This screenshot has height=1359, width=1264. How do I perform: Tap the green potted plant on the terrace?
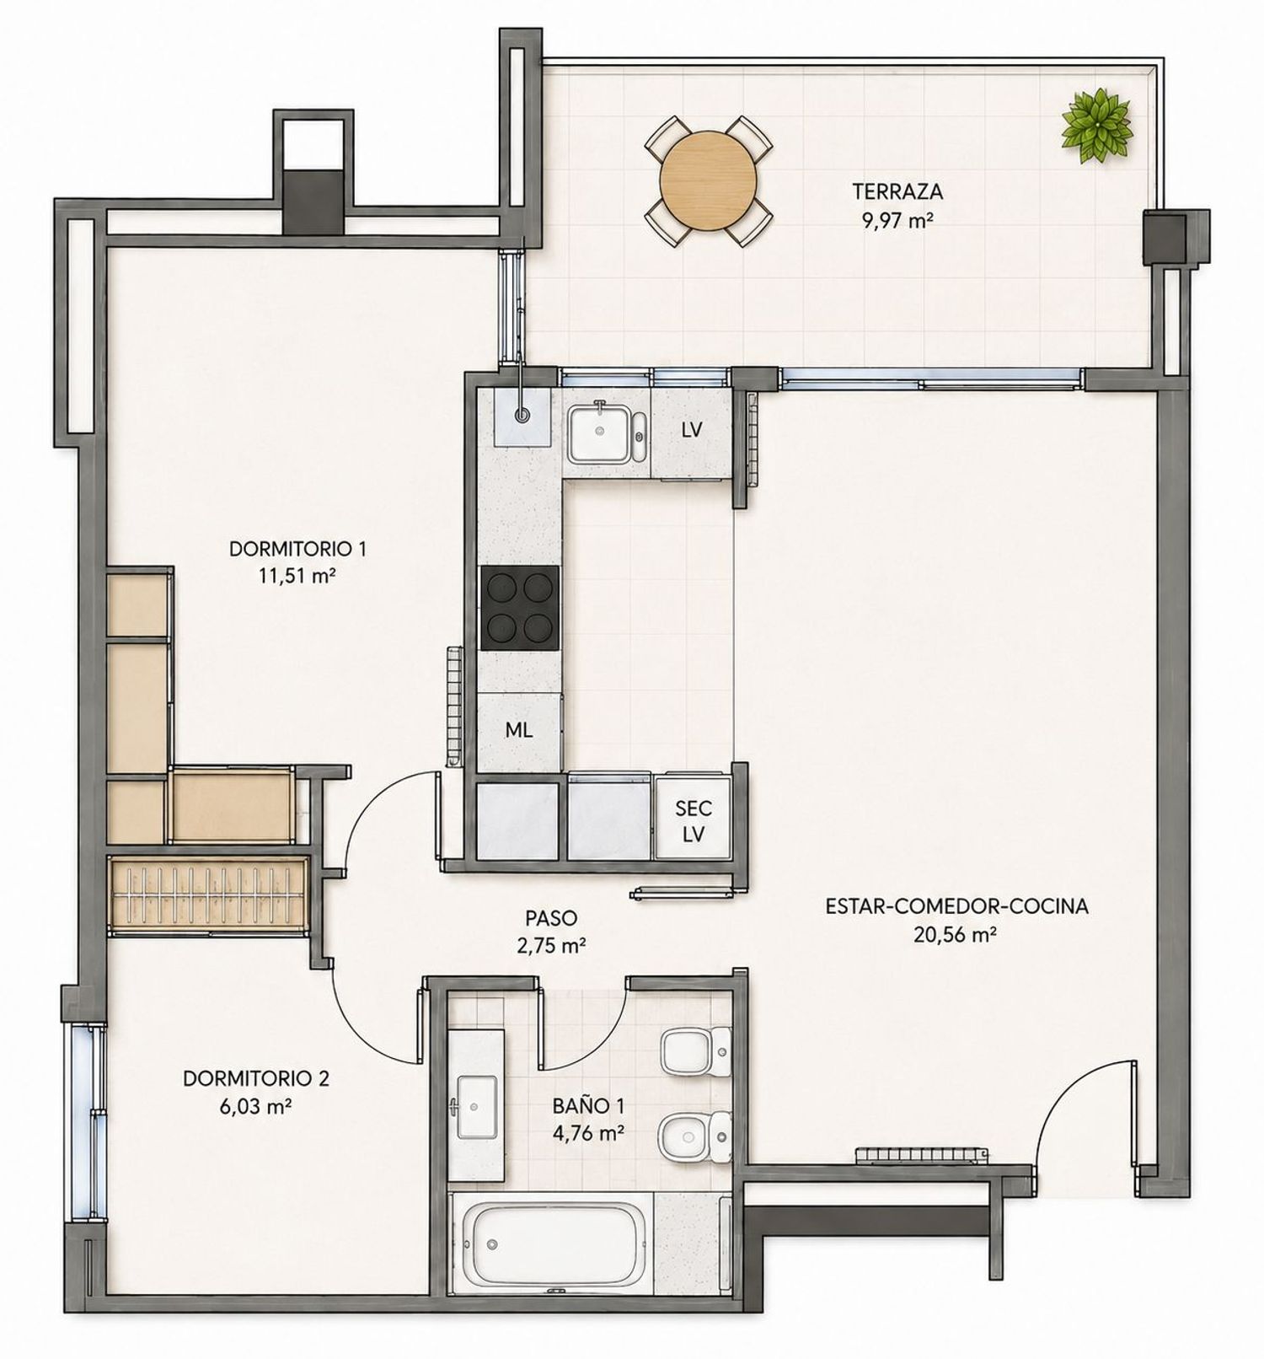point(1095,123)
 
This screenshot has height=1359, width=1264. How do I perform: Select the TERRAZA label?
point(897,191)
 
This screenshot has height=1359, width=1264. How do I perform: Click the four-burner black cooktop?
point(519,607)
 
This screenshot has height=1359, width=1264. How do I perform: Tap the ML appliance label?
point(518,730)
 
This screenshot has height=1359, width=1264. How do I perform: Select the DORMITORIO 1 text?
point(297,550)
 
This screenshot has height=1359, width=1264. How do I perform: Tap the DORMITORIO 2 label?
point(256,1078)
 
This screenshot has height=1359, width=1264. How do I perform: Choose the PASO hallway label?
point(551,918)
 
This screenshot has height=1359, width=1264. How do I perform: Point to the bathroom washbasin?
point(476,1104)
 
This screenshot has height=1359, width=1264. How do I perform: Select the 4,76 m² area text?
point(588,1132)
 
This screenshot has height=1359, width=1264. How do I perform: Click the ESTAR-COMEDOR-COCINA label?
point(957,906)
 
